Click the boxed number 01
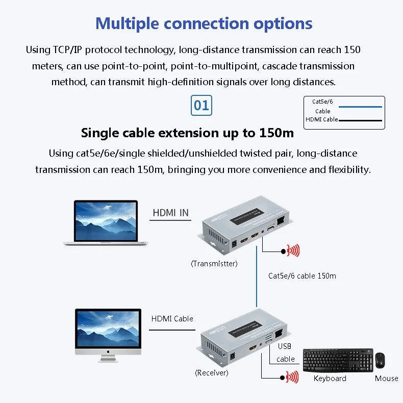click(202, 106)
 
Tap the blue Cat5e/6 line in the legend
click(361, 107)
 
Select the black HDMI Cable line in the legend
click(361, 120)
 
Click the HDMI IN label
click(170, 213)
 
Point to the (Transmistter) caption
click(214, 264)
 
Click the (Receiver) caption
click(212, 373)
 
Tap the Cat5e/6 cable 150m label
click(302, 276)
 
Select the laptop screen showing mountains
click(106, 220)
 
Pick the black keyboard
click(330, 360)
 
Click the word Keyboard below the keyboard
click(330, 379)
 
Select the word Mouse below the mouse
click(386, 379)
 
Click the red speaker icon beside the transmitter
click(292, 250)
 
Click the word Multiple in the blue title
click(128, 23)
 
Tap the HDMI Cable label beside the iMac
click(172, 319)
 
